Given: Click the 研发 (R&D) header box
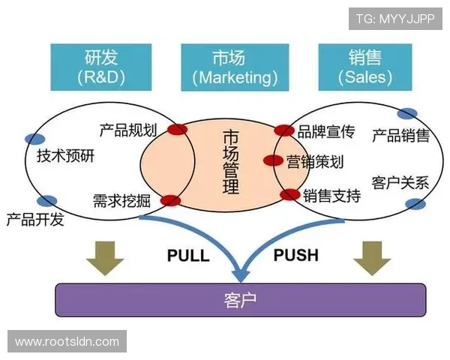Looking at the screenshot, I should tap(101, 67).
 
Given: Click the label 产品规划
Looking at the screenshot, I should tap(127, 130).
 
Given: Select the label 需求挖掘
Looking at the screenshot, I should tap(123, 200).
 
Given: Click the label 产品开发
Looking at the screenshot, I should tap(35, 220).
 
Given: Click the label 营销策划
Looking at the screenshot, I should tap(315, 161).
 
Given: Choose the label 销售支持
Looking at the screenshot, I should tap(331, 196).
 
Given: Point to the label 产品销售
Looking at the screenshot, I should tap(401, 135).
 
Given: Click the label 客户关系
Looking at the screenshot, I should tap(400, 182).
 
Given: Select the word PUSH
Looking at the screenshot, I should tap(295, 255).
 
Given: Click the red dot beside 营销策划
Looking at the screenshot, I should tap(274, 160).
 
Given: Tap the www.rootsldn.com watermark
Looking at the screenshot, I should tap(67, 342).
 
